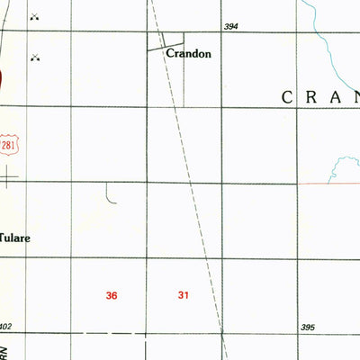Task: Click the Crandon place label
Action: (x=188, y=54)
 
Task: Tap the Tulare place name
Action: (x=13, y=239)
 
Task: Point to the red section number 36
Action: (x=112, y=295)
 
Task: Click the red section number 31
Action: (x=184, y=295)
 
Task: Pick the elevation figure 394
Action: (x=231, y=28)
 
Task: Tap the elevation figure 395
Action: (x=307, y=327)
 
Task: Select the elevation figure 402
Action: (x=6, y=327)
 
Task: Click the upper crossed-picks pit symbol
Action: (x=35, y=17)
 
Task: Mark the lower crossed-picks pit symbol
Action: (x=36, y=58)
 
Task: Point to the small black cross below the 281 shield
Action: (x=9, y=178)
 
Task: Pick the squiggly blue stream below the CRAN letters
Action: (x=343, y=166)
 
